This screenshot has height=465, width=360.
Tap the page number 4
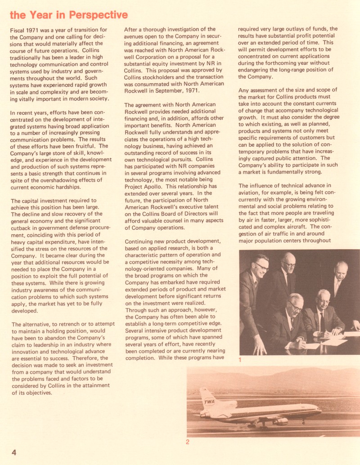click(x=13, y=452)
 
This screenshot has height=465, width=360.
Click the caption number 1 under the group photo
click(x=241, y=360)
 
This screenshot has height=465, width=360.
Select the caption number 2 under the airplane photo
click(x=188, y=441)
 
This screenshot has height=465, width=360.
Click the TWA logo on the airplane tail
click(x=209, y=401)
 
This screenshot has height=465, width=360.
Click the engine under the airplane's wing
click(x=280, y=421)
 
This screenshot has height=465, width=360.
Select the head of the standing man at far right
click(x=341, y=270)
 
